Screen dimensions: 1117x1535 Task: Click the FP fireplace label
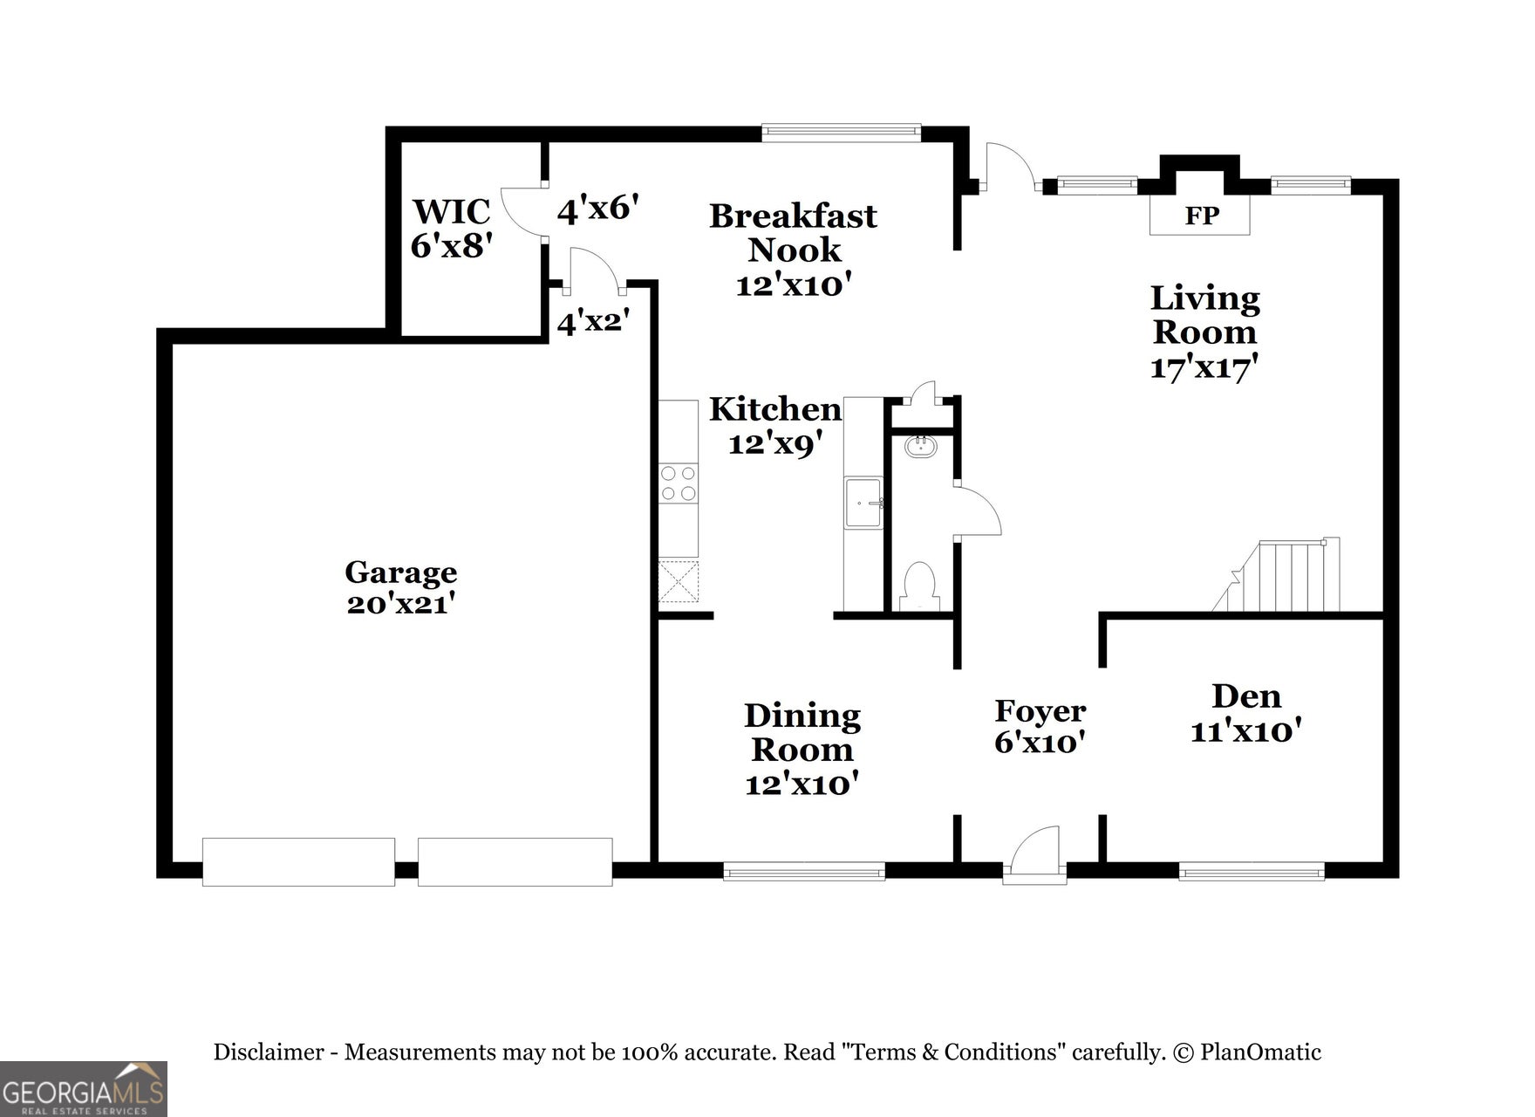pos(1200,216)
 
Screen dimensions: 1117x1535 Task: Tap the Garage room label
pos(400,572)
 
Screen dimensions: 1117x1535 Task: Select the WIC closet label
pos(451,212)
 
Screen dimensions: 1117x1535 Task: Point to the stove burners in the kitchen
pos(679,483)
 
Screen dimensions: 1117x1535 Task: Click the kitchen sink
pos(863,503)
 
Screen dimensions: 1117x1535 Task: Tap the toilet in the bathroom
pos(918,586)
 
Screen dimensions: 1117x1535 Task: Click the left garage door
pos(298,861)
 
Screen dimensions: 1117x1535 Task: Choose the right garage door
pos(515,861)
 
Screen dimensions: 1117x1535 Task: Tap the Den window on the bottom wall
pos(1252,870)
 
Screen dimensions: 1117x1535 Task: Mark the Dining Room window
pos(804,870)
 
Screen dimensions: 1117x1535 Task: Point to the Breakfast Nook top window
pos(841,133)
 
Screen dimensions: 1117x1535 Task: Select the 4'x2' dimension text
pos(593,323)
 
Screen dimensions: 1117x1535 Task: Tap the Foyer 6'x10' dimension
pos(1040,743)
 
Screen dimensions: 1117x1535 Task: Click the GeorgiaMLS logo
pos(83,1089)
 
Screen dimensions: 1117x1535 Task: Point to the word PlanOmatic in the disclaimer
pos(1260,1052)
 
